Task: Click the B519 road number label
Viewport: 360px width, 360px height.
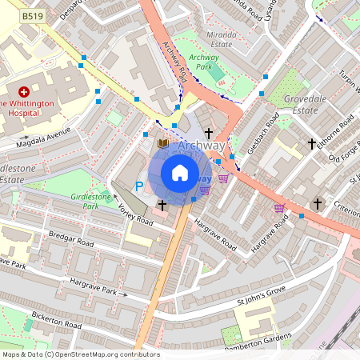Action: [33, 16]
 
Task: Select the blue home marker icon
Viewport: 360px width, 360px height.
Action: [180, 173]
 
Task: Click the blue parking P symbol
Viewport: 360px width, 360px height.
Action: [138, 186]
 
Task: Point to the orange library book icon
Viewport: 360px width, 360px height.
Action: [163, 143]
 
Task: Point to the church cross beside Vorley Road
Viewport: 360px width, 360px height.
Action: [162, 206]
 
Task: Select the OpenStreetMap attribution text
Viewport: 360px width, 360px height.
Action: [80, 354]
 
